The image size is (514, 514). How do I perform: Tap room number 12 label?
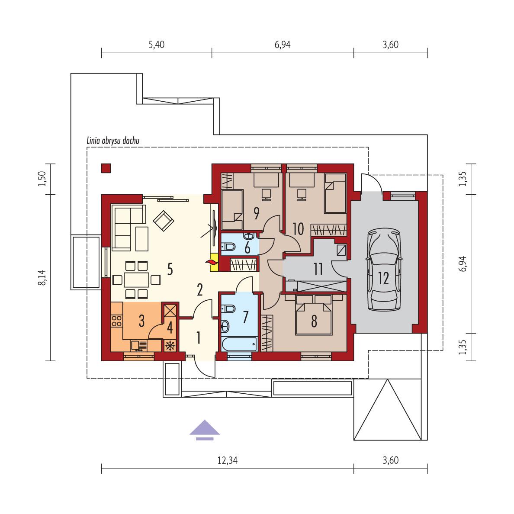(x=384, y=278)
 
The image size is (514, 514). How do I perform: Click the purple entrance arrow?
(x=205, y=430)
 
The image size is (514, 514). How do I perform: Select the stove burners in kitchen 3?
(x=117, y=321)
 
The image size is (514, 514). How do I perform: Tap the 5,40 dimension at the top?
(x=156, y=45)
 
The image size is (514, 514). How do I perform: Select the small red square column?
(x=106, y=168)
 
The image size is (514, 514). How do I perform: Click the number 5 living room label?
(x=170, y=270)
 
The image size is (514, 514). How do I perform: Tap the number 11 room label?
(x=318, y=270)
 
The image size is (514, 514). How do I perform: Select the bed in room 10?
(x=335, y=193)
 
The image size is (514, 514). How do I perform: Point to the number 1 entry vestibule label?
(x=198, y=337)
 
